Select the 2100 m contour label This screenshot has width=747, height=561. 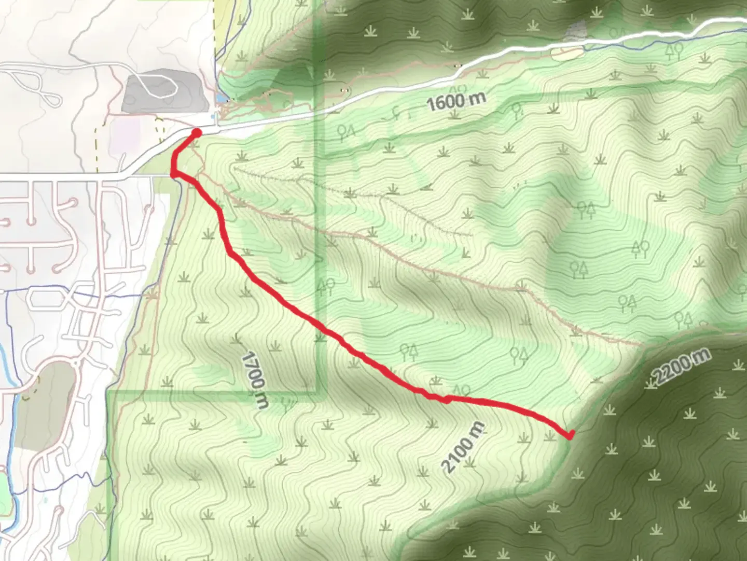[463, 447]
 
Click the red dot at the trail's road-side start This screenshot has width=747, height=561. [196, 133]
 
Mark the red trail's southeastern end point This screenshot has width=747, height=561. [570, 435]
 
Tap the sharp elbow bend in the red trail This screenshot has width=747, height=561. [174, 172]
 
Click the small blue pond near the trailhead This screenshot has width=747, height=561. [222, 98]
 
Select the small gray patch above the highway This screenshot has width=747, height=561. [575, 31]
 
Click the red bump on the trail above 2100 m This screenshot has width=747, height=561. [446, 399]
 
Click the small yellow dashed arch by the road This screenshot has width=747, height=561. [160, 125]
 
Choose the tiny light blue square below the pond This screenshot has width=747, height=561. [216, 115]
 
